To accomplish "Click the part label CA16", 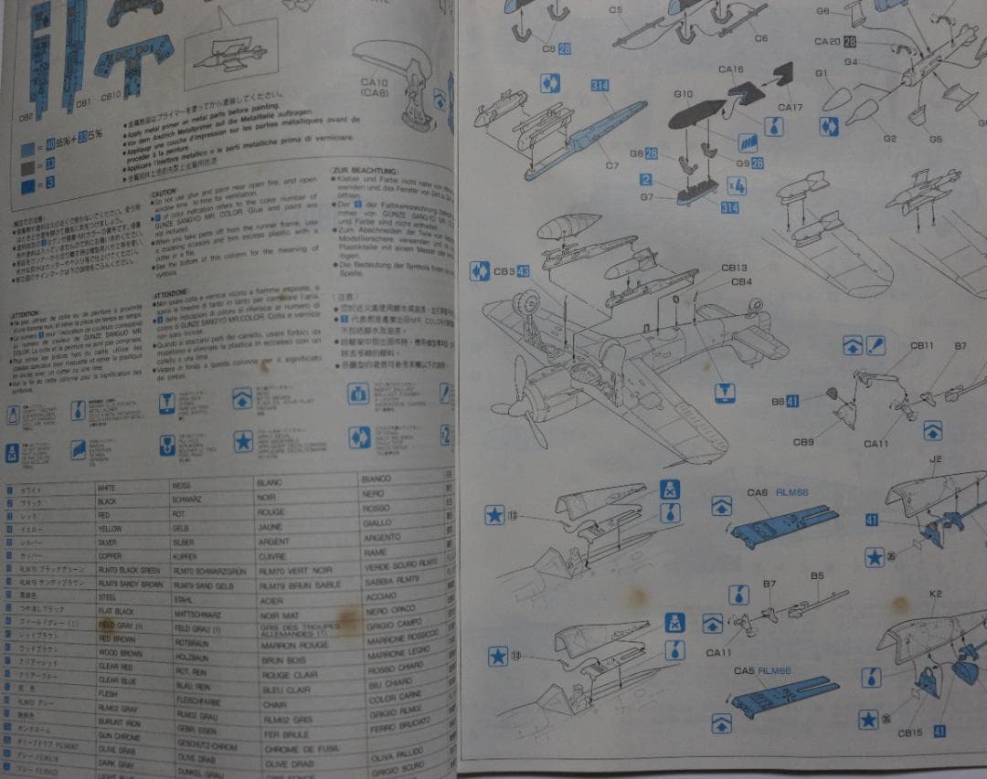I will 730,69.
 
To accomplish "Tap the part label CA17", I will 789,107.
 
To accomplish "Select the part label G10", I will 683,94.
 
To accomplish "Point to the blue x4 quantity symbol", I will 737,185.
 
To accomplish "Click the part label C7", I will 611,166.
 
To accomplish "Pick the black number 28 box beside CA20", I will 850,42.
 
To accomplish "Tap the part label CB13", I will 734,268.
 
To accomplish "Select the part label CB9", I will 803,443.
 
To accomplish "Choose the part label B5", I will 817,576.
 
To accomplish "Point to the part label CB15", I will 910,733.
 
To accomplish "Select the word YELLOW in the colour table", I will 110,529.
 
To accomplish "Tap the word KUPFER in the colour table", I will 185,555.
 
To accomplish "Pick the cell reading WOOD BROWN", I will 120,654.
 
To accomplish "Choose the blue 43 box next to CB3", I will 523,270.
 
